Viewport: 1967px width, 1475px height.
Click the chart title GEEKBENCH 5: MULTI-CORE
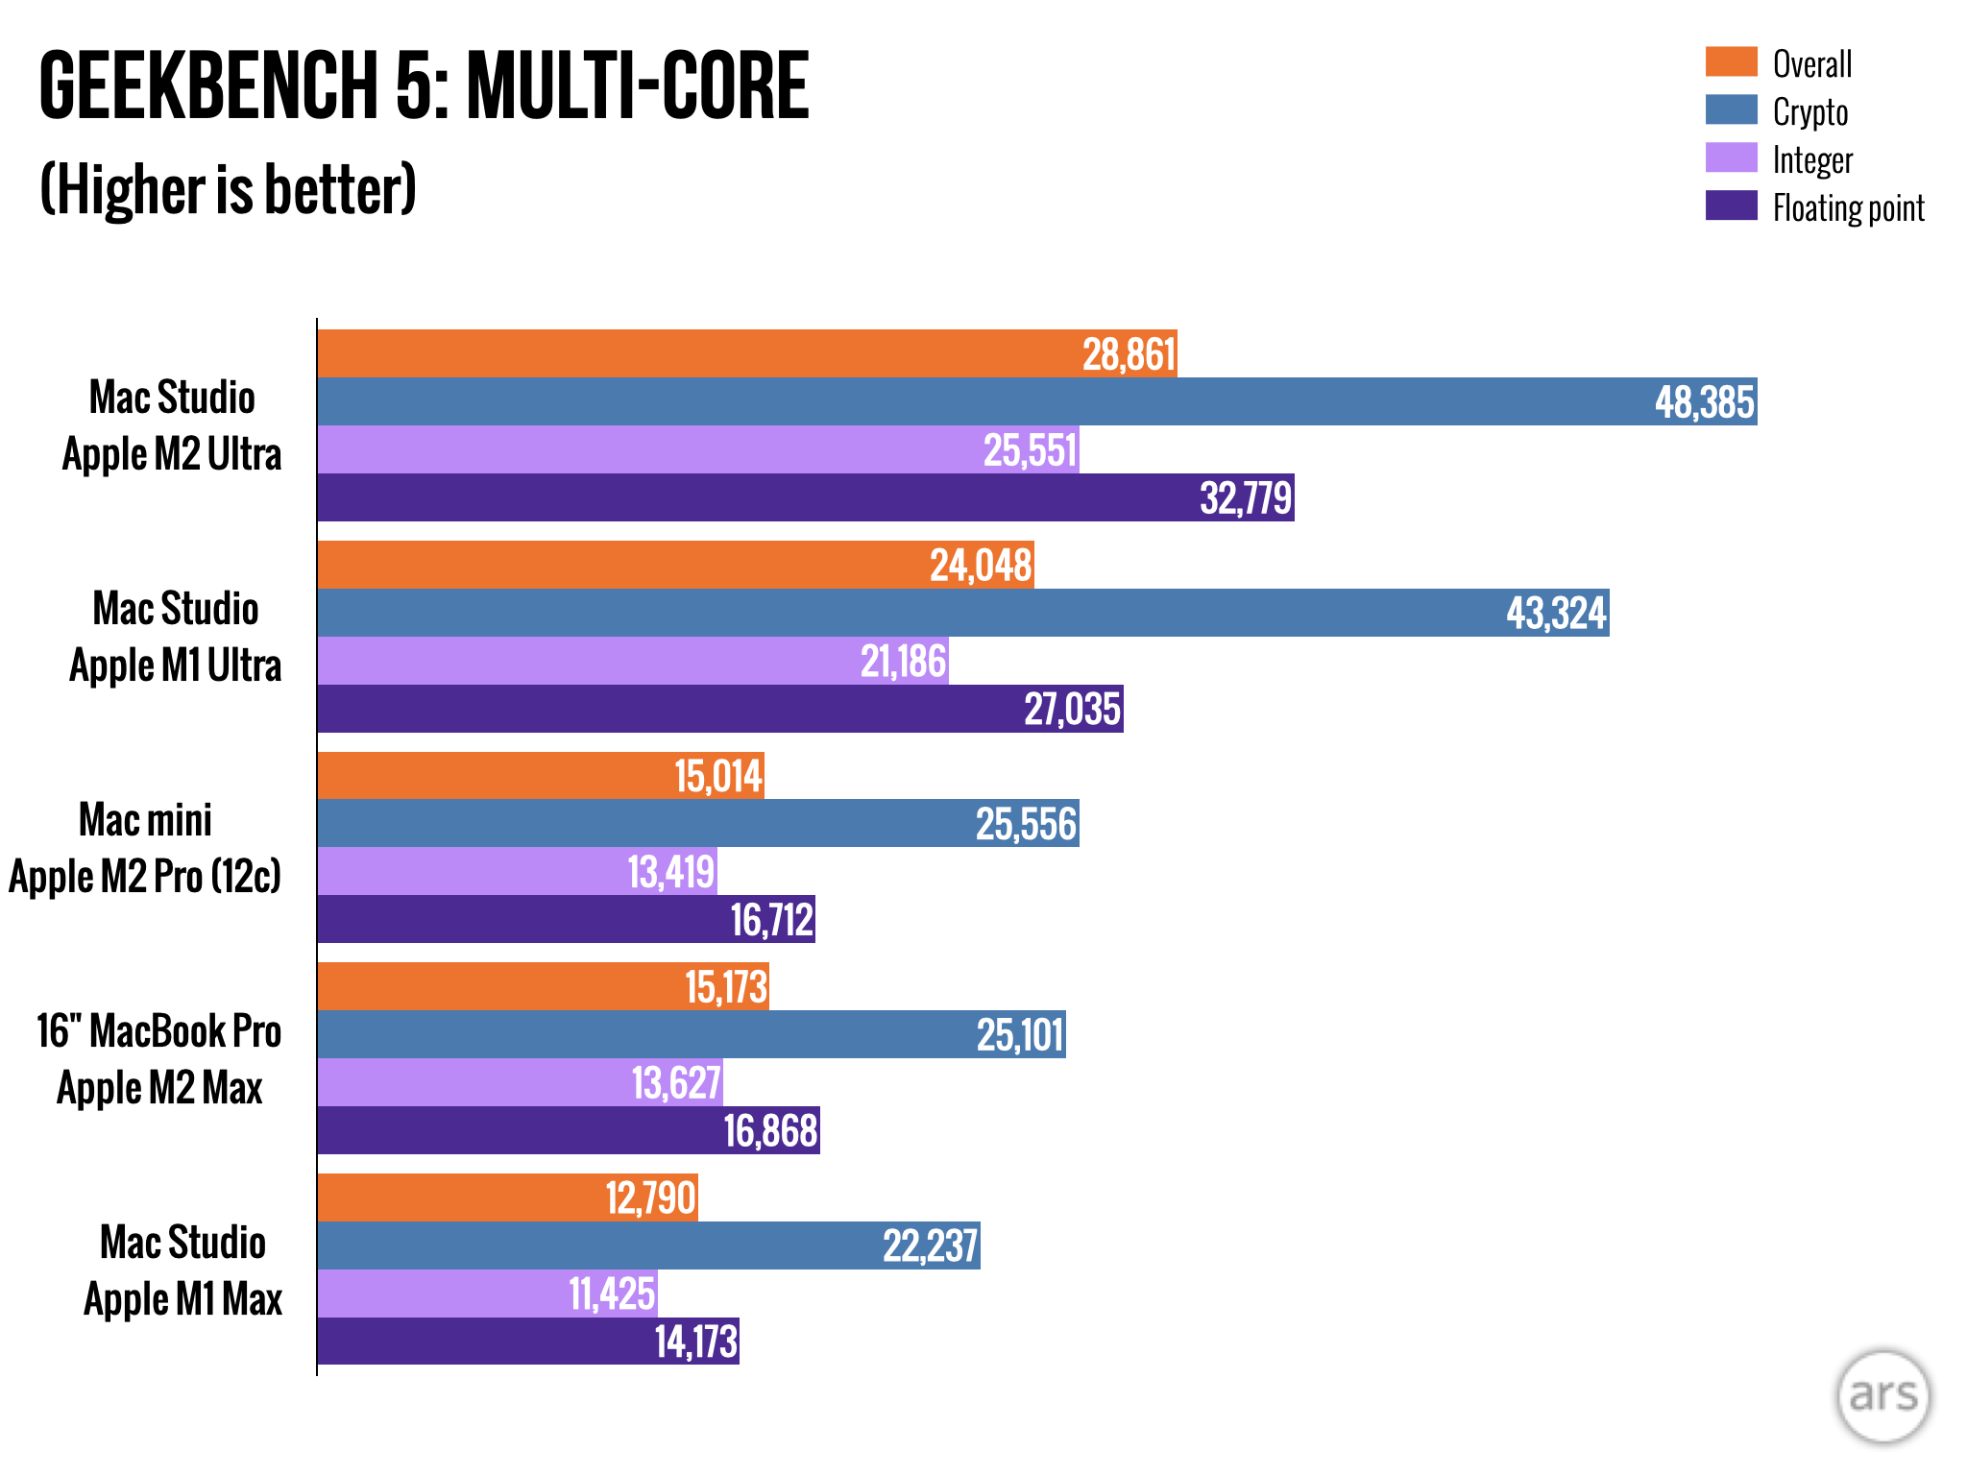pos(424,86)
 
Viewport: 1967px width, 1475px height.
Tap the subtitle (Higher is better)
pos(228,189)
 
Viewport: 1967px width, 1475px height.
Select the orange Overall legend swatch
pos(1731,61)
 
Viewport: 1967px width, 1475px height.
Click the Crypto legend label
pos(1809,112)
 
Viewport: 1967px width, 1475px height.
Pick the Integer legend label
pos(1811,160)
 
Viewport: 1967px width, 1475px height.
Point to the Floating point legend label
pos(1847,207)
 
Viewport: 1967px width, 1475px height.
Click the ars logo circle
pos(1882,1395)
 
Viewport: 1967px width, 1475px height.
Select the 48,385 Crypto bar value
pos(1704,402)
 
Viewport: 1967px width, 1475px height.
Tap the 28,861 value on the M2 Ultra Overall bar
pos(1129,354)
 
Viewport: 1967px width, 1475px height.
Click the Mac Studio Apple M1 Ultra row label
pos(176,637)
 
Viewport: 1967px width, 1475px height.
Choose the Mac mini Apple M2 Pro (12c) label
pos(145,848)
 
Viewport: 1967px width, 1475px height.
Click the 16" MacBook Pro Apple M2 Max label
pos(159,1059)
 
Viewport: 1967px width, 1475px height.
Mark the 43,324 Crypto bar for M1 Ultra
pos(960,613)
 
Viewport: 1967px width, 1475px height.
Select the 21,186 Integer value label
pos(903,662)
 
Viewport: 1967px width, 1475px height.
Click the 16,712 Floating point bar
pos(567,919)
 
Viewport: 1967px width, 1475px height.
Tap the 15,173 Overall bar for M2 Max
pos(543,986)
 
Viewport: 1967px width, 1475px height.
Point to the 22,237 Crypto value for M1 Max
pos(929,1246)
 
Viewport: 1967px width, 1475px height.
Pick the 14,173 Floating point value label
pos(695,1342)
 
